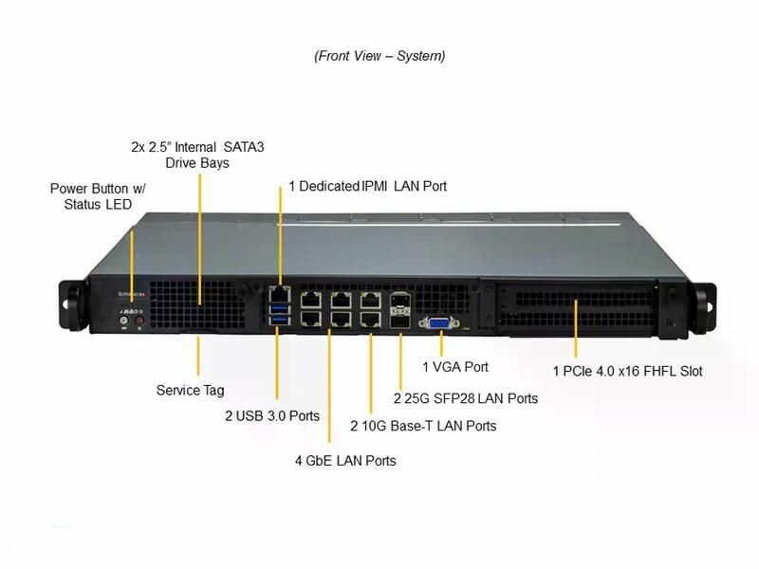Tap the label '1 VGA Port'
[x=455, y=366]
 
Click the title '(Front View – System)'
[x=379, y=56]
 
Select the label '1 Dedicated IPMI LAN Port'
[x=367, y=186]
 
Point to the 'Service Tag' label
[x=190, y=390]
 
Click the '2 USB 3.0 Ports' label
[x=271, y=415]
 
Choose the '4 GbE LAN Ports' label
[x=345, y=460]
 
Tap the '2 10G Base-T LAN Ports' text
[x=423, y=426]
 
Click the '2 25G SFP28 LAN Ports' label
[x=466, y=398]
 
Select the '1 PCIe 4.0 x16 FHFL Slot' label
[x=628, y=371]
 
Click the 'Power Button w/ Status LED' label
[x=98, y=196]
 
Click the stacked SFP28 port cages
[x=400, y=310]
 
